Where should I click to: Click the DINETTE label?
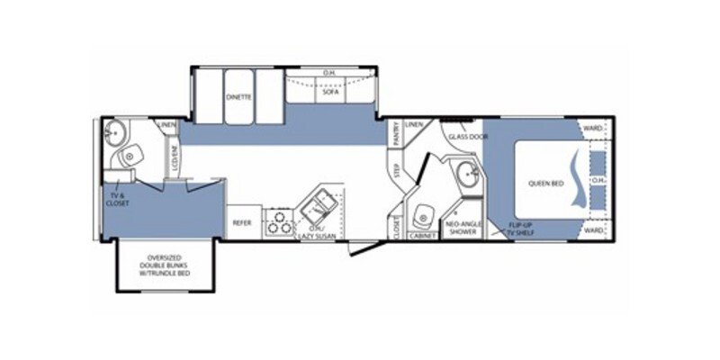tap(239, 96)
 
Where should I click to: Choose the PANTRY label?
tap(396, 134)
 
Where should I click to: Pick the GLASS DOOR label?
tap(467, 137)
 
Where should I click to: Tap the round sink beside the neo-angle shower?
tap(465, 173)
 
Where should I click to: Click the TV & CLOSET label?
tap(118, 199)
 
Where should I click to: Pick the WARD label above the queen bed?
tap(592, 129)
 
